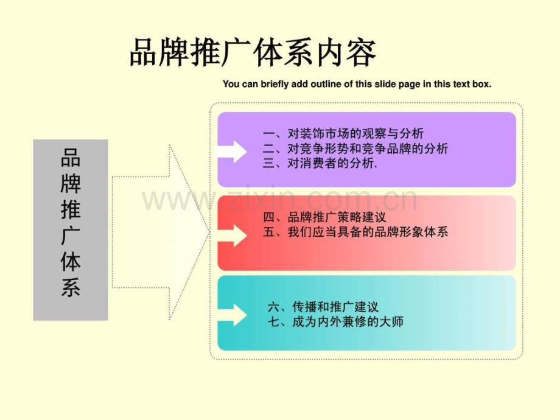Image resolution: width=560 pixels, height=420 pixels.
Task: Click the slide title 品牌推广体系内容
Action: (x=253, y=53)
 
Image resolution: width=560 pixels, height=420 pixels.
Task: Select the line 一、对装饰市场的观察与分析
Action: (x=343, y=133)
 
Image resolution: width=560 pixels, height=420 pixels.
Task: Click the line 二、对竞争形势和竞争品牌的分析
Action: (x=355, y=148)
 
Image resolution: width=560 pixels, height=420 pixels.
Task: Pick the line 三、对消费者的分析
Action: (x=320, y=163)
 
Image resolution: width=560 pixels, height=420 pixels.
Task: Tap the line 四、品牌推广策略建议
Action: (x=324, y=217)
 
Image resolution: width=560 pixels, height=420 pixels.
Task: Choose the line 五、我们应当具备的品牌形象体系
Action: (x=355, y=232)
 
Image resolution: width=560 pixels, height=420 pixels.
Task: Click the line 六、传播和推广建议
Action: (x=323, y=307)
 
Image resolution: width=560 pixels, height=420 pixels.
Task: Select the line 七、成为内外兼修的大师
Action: (x=335, y=322)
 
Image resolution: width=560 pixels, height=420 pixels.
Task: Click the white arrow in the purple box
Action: (x=232, y=152)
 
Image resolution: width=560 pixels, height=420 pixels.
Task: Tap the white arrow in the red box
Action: (x=232, y=236)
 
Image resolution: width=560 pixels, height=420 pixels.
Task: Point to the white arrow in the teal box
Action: (x=232, y=315)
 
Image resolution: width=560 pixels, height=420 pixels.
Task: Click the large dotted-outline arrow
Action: (x=161, y=232)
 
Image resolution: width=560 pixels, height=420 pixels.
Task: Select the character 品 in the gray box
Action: (x=71, y=158)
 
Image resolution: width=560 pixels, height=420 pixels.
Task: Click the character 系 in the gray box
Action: (x=71, y=287)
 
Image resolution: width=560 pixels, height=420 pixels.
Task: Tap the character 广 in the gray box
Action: (x=71, y=236)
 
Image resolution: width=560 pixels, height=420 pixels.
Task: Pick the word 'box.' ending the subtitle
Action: (x=482, y=84)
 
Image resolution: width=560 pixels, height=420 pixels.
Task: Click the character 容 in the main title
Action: (x=362, y=53)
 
